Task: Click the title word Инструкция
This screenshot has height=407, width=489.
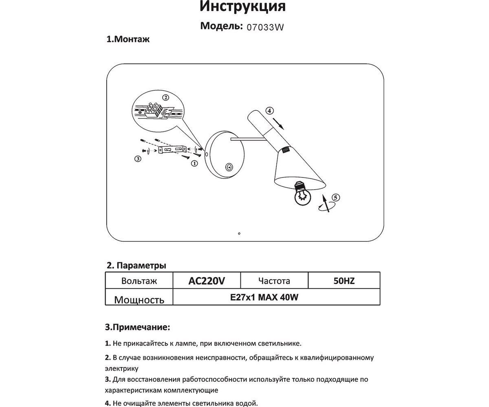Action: click(x=243, y=7)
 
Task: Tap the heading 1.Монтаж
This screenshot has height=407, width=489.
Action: click(x=128, y=39)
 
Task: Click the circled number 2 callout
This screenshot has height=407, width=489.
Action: click(x=165, y=98)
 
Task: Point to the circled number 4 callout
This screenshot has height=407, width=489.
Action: click(x=269, y=110)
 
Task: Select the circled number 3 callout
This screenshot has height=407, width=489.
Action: click(x=138, y=159)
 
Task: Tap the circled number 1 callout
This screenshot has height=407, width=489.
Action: click(x=194, y=164)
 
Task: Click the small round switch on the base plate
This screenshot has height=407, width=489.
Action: click(x=229, y=167)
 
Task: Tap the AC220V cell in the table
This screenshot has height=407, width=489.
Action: click(x=207, y=281)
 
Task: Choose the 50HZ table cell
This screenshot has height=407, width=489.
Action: click(x=344, y=281)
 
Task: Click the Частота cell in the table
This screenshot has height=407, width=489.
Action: click(x=274, y=281)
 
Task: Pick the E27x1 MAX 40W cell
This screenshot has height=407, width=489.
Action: click(x=264, y=297)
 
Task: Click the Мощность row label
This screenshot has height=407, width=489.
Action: click(x=139, y=300)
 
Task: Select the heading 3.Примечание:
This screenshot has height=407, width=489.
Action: click(x=137, y=327)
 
